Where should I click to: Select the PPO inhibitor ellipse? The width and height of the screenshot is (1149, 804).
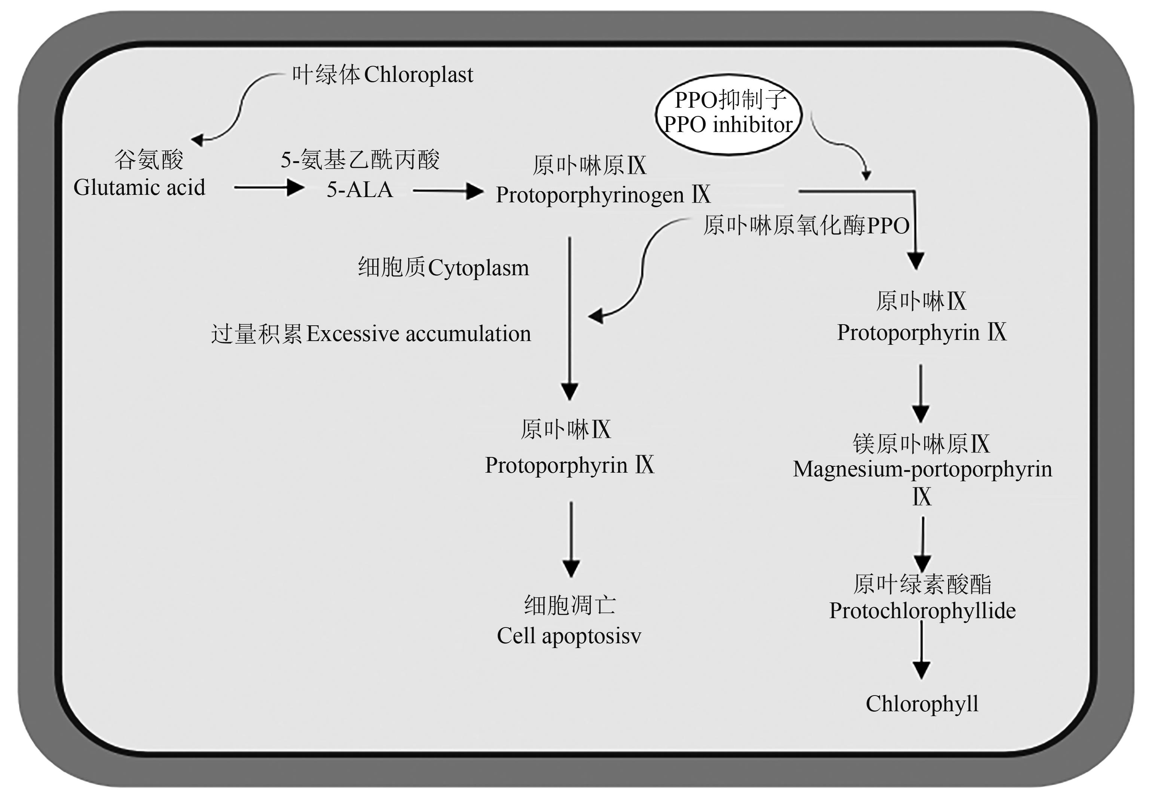(728, 114)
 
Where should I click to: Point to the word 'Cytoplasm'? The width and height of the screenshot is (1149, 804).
(479, 268)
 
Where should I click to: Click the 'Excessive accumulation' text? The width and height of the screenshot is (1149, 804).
(418, 334)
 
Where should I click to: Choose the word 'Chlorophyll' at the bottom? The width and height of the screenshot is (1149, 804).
(922, 703)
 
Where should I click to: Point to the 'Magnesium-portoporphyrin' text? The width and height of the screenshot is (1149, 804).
(922, 469)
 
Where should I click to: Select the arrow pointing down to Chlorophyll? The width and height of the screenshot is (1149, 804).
(921, 650)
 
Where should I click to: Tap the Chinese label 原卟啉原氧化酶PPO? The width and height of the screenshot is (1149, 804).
(806, 225)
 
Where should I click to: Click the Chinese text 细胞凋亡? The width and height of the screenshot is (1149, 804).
(569, 605)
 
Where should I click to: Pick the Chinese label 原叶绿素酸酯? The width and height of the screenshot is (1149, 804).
(922, 584)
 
